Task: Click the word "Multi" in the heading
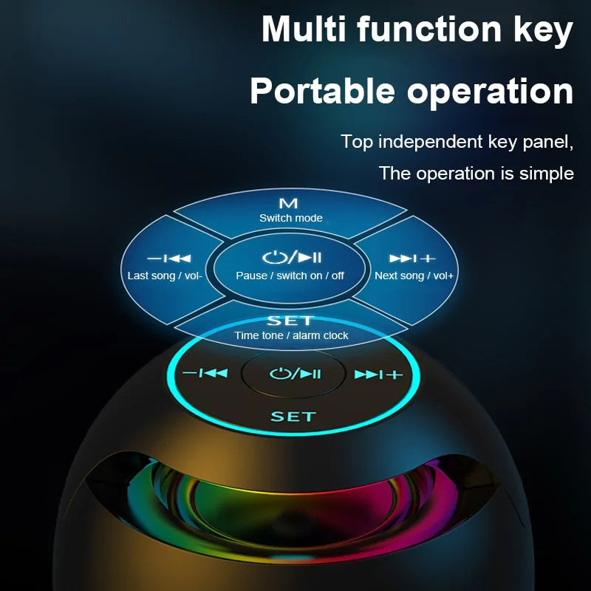pos(304,30)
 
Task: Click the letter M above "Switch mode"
pos(289,203)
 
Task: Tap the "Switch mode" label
pos(290,218)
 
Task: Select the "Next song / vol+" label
pos(414,276)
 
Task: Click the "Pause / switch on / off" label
pos(290,276)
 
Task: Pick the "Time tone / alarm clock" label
pos(291,335)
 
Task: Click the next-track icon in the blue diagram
pos(413,259)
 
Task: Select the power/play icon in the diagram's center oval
pos(291,258)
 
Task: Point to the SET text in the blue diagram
pos(290,321)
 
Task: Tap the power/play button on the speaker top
pos(295,374)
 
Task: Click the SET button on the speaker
pos(293,417)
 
